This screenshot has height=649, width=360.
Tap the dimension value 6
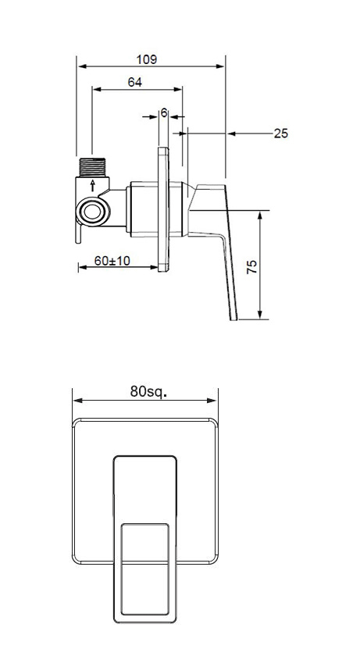pyautogui.click(x=164, y=112)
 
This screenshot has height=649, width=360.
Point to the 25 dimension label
pyautogui.click(x=280, y=134)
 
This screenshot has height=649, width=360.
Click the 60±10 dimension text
pyautogui.click(x=112, y=261)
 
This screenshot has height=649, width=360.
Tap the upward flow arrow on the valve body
pyautogui.click(x=94, y=185)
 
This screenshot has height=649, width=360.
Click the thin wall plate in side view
pyautogui.click(x=163, y=209)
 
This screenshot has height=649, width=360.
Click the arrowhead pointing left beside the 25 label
pyautogui.click(x=232, y=134)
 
